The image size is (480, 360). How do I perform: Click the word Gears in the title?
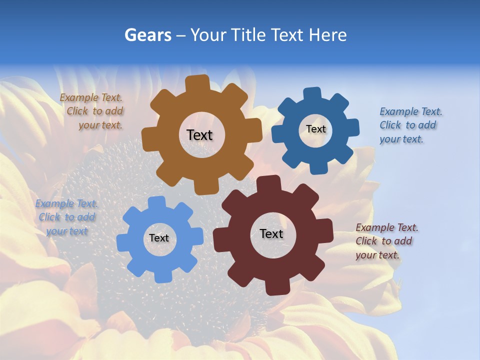147,35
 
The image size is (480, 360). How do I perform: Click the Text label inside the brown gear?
199,135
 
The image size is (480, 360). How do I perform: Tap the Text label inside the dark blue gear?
315,129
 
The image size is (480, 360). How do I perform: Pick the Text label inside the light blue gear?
159,238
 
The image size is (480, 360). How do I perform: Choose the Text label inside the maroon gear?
271,233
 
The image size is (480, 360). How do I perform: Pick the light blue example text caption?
66,217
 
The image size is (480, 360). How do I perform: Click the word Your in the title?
207,35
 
